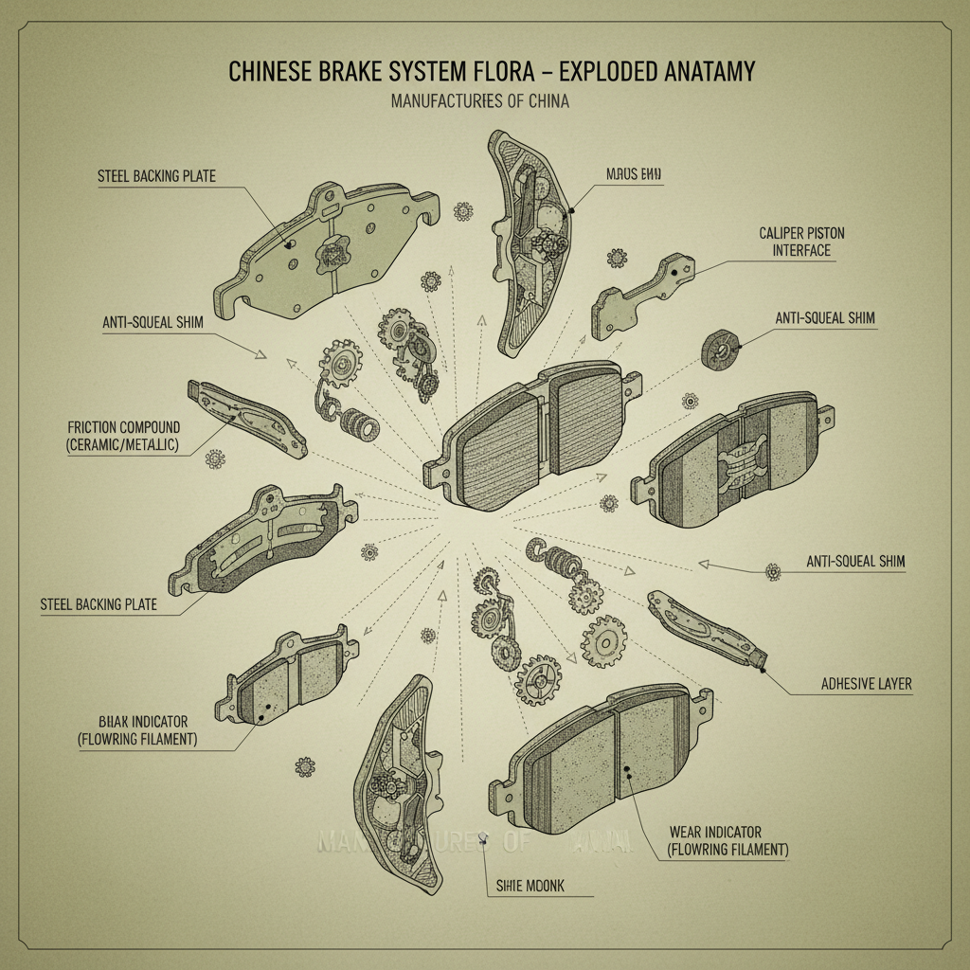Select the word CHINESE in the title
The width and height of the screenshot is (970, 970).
click(269, 72)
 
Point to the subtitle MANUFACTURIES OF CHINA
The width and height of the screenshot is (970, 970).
click(479, 101)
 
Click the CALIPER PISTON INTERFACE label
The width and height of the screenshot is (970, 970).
click(795, 241)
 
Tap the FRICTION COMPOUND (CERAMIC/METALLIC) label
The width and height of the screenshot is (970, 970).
click(124, 435)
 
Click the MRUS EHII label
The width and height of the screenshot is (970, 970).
click(635, 174)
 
